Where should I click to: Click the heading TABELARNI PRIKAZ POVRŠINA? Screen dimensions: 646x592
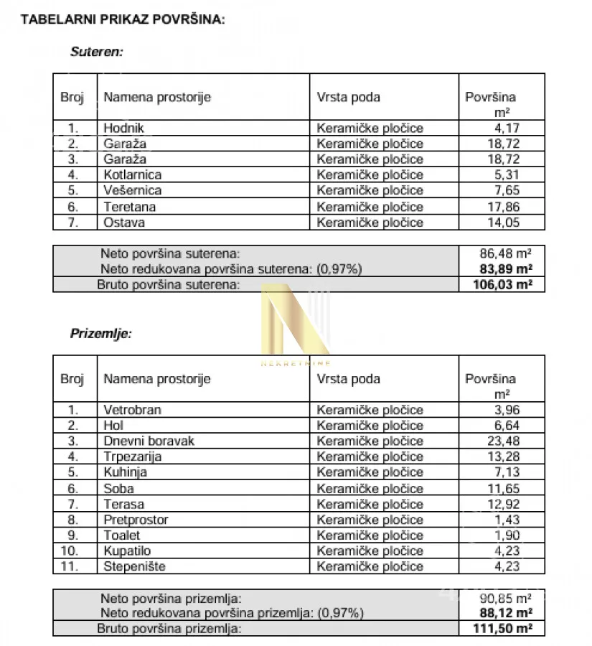123,19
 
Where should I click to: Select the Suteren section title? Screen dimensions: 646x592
97,52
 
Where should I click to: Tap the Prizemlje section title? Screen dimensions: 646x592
100,334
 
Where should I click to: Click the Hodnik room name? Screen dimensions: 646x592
123,128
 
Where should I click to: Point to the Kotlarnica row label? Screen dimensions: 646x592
133,174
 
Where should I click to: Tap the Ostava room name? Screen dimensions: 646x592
124,223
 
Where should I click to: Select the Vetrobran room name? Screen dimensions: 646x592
133,410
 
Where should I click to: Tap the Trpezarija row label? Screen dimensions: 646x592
133,457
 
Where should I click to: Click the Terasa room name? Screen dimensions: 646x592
124,504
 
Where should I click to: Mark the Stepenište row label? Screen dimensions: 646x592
134,566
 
